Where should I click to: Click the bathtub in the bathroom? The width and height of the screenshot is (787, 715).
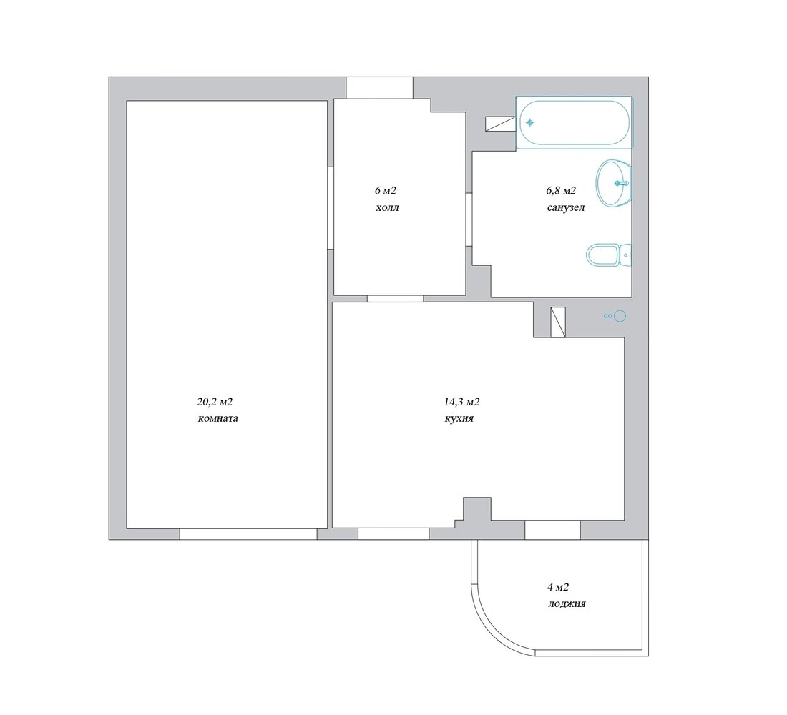[x=575, y=123]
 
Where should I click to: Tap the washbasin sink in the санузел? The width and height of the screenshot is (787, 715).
[x=613, y=183]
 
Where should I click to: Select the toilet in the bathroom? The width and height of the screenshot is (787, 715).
[x=609, y=255]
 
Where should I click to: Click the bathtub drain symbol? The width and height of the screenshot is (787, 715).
[x=529, y=122]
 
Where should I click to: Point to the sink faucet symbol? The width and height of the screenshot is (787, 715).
[x=622, y=183]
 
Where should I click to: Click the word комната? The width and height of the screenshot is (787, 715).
[x=217, y=418]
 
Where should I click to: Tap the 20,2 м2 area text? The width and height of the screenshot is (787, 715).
[x=215, y=402]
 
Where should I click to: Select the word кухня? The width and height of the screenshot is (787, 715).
[x=459, y=418]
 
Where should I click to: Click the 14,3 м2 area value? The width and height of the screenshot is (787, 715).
[x=461, y=402]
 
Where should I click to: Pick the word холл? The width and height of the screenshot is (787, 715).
[x=388, y=207]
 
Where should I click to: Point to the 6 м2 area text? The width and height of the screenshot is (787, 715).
[x=386, y=191]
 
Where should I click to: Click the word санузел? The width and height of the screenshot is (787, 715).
[x=566, y=207]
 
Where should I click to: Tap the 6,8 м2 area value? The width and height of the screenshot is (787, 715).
[x=561, y=191]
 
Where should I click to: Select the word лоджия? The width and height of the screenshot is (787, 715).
[x=567, y=603]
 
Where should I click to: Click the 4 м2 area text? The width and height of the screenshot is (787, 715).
[x=557, y=587]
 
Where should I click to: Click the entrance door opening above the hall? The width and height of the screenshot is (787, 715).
[x=379, y=88]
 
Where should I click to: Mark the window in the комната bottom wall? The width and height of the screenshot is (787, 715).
[x=248, y=534]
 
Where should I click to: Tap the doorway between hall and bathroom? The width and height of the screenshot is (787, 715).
[x=469, y=220]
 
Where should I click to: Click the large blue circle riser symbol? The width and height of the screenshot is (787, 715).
[x=620, y=315]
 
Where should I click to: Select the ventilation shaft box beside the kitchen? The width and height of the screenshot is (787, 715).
[x=558, y=322]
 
